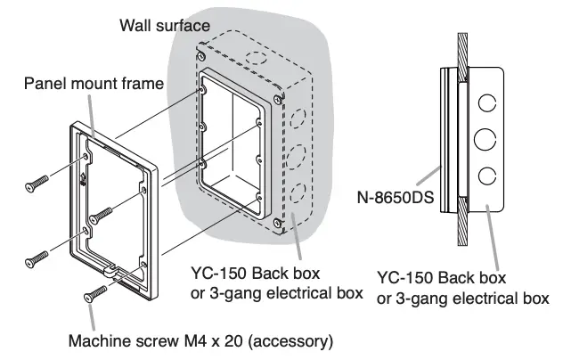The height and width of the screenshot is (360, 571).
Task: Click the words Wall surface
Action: pos(164,24)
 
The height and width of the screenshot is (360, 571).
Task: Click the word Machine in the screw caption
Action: pos(100,339)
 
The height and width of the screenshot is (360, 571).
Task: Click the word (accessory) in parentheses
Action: pos(294,339)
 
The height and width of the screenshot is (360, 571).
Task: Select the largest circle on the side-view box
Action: pos(485,139)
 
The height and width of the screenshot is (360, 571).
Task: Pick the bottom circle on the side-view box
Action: pos(485,174)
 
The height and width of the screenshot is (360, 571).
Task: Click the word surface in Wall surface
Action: pos(184,24)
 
